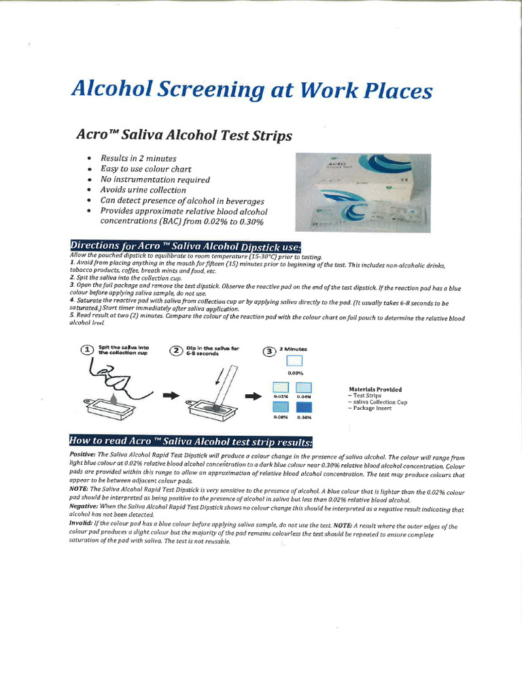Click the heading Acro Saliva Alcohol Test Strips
(x=184, y=135)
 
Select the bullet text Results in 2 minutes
(x=138, y=158)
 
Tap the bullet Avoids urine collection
(x=143, y=190)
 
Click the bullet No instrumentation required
(x=155, y=179)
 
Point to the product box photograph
(x=362, y=192)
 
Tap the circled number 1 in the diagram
(x=86, y=350)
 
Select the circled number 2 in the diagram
(x=176, y=350)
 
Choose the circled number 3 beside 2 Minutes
(x=270, y=351)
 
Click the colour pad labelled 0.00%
(x=295, y=362)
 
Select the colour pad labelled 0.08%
(x=281, y=407)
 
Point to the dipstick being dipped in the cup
(x=223, y=387)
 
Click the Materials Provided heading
(x=375, y=389)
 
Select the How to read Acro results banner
(x=191, y=441)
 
